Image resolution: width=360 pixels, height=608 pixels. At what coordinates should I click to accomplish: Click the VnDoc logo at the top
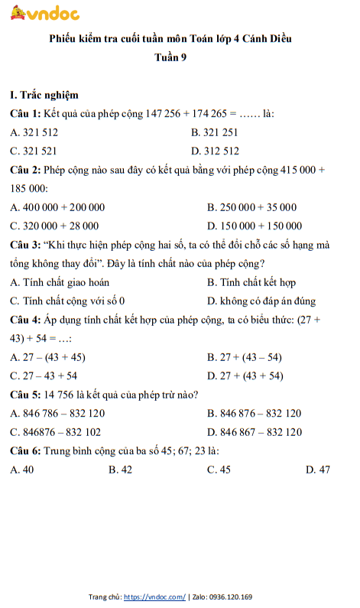(x=47, y=13)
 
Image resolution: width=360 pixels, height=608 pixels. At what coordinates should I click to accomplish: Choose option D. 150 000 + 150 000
(x=255, y=226)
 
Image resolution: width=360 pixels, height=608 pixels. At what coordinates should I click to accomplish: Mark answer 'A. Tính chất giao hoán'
(x=60, y=282)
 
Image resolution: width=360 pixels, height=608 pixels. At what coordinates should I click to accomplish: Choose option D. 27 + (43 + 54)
(x=245, y=376)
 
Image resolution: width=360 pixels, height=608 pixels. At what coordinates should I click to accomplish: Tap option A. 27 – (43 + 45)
(x=47, y=357)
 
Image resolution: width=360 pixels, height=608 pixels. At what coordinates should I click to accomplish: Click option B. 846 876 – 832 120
(x=255, y=414)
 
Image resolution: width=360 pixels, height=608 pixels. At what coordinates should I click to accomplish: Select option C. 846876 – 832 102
(x=56, y=432)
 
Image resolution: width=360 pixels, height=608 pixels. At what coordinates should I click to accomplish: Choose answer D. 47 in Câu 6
(x=318, y=470)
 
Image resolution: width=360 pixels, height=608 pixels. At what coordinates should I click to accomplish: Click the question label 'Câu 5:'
(x=26, y=395)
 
